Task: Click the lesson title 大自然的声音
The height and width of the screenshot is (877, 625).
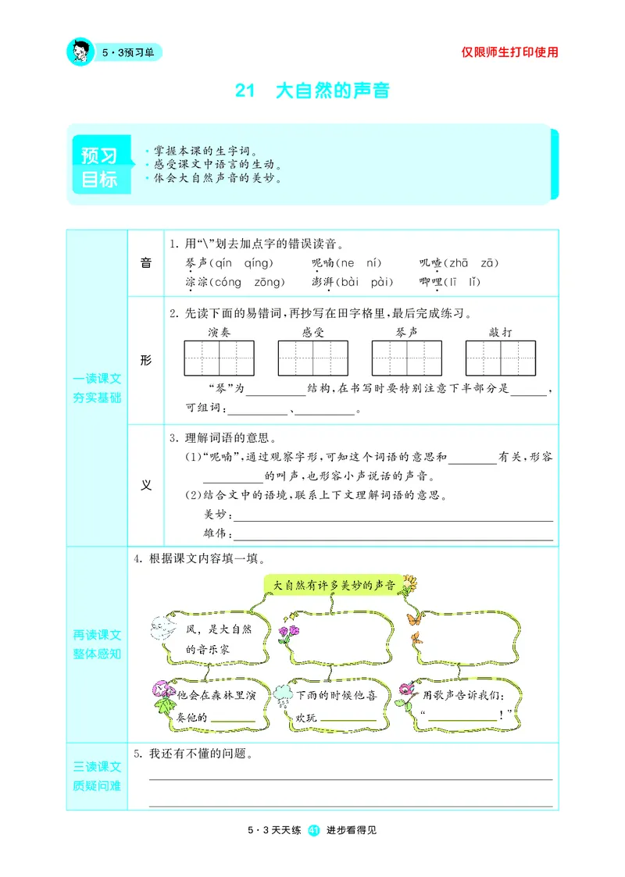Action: tap(333, 91)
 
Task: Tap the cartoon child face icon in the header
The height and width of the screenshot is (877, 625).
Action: tap(80, 52)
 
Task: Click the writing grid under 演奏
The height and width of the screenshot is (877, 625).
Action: tap(220, 358)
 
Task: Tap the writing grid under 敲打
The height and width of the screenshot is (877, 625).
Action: tap(500, 358)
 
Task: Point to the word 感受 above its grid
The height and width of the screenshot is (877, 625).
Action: tap(312, 332)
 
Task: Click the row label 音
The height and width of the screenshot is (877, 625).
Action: tap(145, 263)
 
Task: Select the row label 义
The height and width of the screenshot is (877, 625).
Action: tap(145, 484)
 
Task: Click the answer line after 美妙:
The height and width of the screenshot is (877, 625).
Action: tap(393, 517)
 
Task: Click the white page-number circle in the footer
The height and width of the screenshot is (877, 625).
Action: tap(314, 830)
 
